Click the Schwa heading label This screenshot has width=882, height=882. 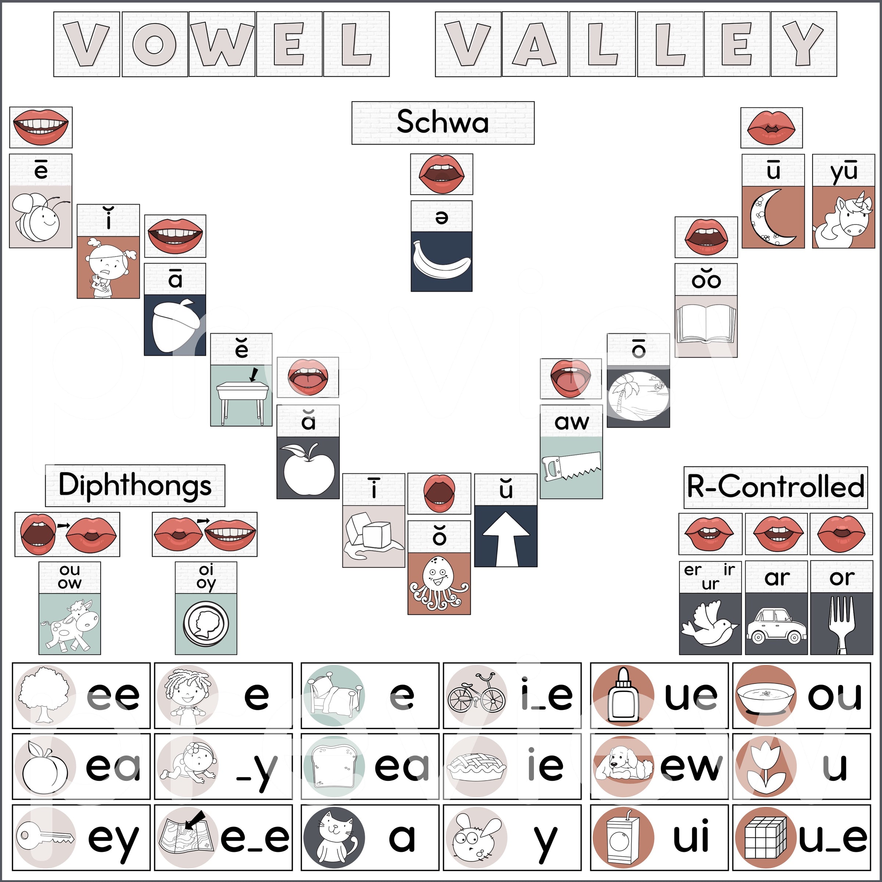point(442,122)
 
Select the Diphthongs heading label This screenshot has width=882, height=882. point(135,485)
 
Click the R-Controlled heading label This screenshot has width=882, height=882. point(775,487)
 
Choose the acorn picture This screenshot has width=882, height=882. point(175,325)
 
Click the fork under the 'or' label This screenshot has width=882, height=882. point(841,624)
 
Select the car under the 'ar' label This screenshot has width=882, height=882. point(776,625)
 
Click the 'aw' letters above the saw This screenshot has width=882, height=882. point(571,422)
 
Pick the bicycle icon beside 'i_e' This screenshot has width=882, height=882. point(476,696)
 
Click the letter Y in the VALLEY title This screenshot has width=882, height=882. point(803,44)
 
